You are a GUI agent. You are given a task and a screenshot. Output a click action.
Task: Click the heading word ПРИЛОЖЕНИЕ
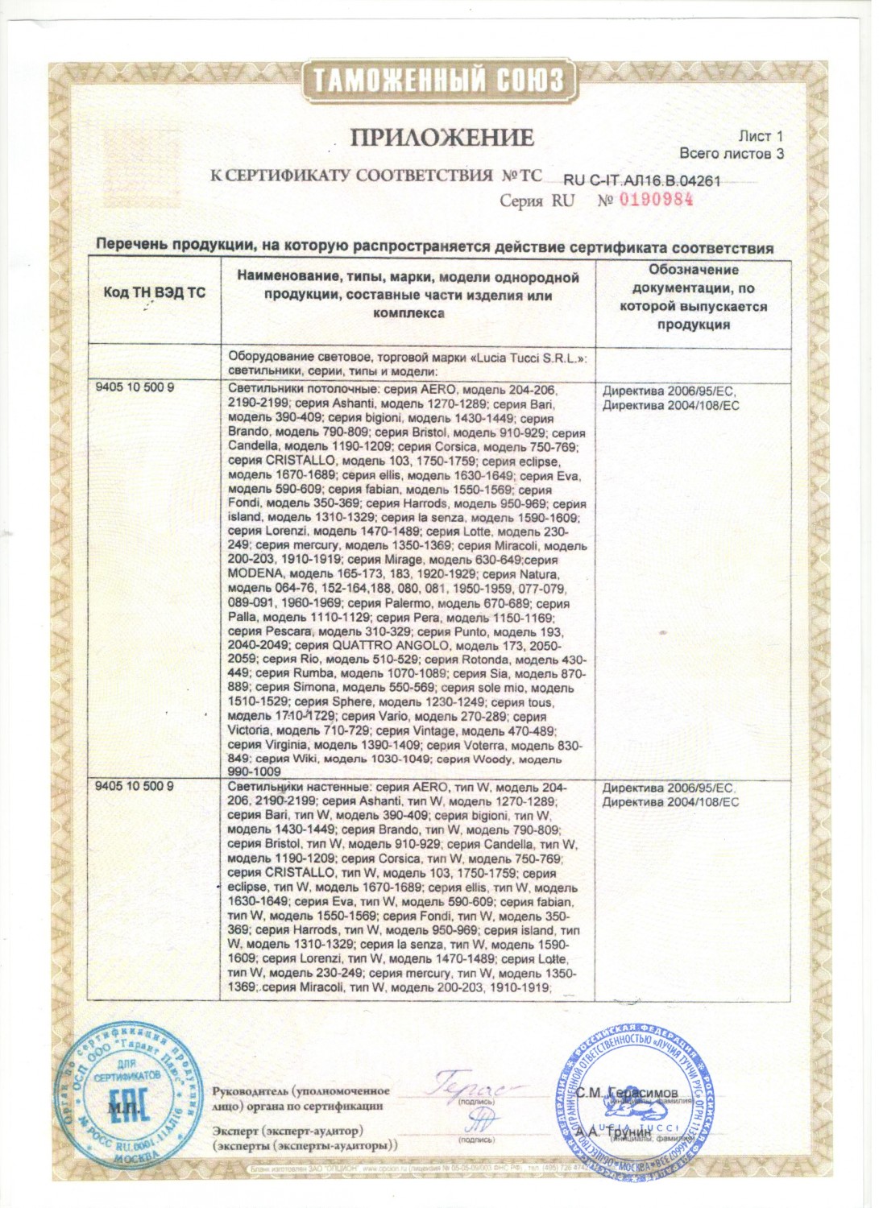point(442,138)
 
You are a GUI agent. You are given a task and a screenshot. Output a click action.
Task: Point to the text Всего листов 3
point(731,153)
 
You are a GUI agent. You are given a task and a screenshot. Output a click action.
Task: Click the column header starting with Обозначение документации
point(693,297)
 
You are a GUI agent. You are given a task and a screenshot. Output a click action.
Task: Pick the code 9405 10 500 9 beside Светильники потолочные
point(135,388)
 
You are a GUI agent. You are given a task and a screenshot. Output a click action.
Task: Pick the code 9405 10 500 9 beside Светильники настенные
point(135,786)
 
